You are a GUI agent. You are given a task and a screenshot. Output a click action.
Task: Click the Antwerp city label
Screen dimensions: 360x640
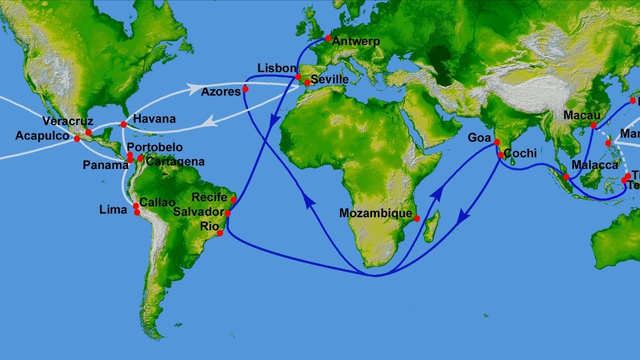(x=356, y=41)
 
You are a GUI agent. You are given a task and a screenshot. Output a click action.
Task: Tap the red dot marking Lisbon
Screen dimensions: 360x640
(x=298, y=77)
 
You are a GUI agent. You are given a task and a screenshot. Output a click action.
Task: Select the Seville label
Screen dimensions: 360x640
(x=329, y=79)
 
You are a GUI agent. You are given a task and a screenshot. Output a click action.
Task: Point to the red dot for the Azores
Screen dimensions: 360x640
(x=245, y=89)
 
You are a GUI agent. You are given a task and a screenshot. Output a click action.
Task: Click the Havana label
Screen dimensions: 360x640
(x=154, y=119)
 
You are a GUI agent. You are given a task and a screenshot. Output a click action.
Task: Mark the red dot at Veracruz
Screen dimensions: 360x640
(x=88, y=132)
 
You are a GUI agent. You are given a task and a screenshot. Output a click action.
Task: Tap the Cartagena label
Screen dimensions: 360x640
(x=175, y=161)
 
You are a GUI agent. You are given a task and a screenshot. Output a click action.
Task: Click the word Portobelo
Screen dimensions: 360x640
(x=154, y=147)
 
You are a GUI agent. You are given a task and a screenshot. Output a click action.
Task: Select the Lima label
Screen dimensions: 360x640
(x=113, y=210)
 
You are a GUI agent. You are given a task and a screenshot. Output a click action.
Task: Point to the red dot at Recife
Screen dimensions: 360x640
(x=233, y=200)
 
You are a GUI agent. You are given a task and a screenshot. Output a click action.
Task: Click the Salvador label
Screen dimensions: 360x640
(x=198, y=212)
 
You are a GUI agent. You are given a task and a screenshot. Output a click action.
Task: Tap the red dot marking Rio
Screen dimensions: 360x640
(x=220, y=232)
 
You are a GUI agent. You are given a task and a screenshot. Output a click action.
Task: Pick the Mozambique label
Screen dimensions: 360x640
(x=375, y=213)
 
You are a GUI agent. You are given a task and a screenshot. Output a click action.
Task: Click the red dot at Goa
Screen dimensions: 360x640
(x=496, y=142)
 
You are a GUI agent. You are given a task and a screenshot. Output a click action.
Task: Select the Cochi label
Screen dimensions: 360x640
(x=520, y=153)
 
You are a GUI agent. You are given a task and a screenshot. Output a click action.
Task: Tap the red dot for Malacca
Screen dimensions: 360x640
(x=566, y=177)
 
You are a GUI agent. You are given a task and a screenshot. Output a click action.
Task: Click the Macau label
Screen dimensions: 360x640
(x=582, y=115)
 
